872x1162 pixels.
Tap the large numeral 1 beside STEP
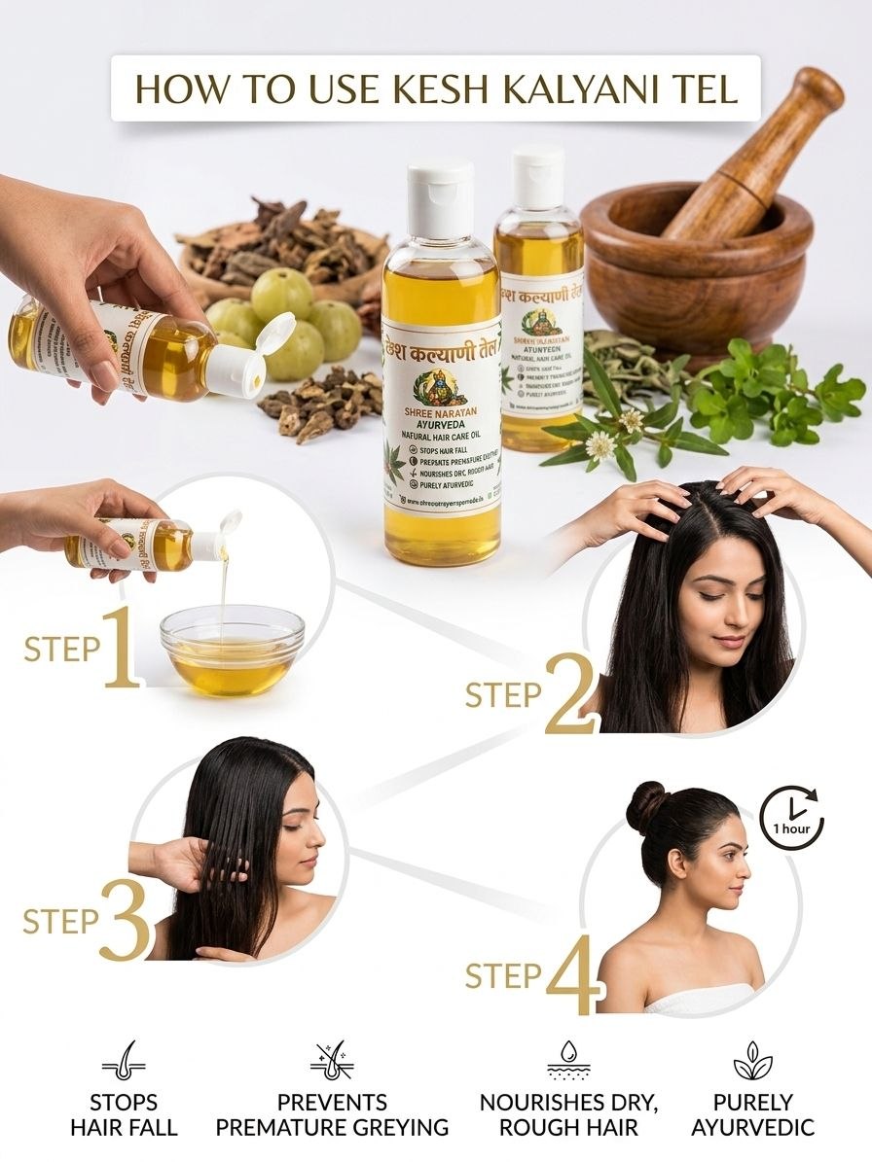point(121,646)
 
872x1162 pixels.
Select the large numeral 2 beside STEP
point(572,693)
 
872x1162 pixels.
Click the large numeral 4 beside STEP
point(571,974)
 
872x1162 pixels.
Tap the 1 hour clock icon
point(791,819)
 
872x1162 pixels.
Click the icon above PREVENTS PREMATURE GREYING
point(332,1061)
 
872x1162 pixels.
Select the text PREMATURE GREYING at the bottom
point(332,1128)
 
